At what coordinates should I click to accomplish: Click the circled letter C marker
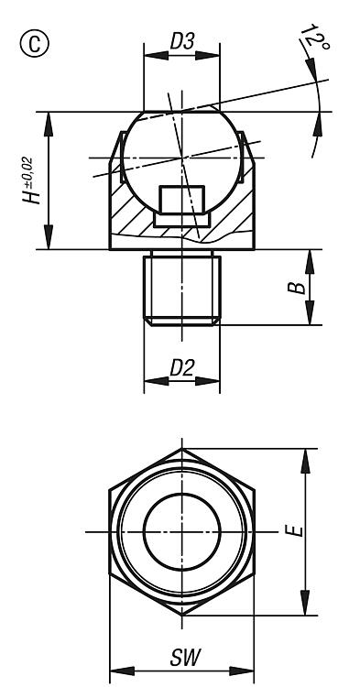tap(35, 44)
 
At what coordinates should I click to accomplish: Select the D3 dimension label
tap(181, 42)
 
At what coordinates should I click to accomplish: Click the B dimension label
tap(297, 288)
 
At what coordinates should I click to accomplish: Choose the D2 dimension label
tap(181, 368)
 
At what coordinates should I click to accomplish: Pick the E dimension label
tap(294, 531)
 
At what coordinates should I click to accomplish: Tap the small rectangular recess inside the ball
tap(181, 200)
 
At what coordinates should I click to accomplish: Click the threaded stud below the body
tap(181, 288)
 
